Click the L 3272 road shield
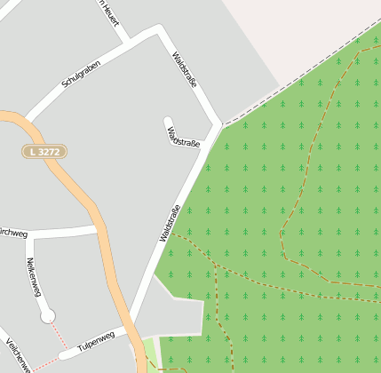point(44,152)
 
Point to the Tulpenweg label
point(96,341)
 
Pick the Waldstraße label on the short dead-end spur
point(184,137)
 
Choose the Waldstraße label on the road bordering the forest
point(170,223)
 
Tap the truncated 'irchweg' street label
point(13,234)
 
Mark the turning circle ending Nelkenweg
point(47,314)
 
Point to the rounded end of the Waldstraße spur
point(167,120)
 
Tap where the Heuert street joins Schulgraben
point(130,42)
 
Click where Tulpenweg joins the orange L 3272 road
point(123,330)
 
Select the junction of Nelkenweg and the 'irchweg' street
point(28,235)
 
